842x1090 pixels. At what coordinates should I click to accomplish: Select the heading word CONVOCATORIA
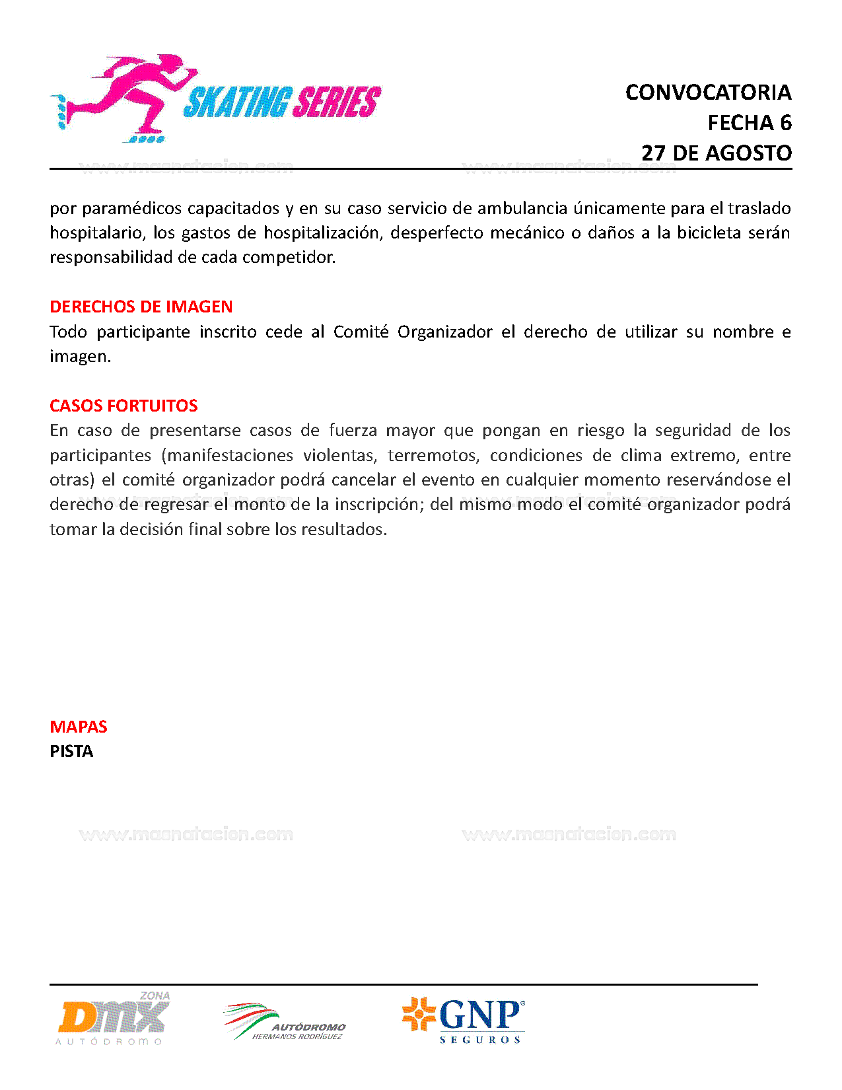pos(708,92)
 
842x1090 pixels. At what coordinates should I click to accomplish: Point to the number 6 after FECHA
pos(785,123)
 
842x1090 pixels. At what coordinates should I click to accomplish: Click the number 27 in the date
pos(653,153)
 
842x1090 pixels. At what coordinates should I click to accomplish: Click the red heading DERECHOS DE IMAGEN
pos(141,307)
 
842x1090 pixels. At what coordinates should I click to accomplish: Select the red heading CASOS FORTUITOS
pos(123,406)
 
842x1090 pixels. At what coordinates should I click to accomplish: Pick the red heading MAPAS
pos(78,727)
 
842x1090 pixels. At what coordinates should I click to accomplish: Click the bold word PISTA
pos(71,752)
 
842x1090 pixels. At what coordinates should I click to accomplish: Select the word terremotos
pos(433,456)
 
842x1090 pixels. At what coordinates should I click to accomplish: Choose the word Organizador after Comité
pos(444,332)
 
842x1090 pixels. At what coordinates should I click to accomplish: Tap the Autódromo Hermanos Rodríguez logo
pos(285,1022)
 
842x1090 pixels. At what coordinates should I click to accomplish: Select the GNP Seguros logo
pos(464,1019)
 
